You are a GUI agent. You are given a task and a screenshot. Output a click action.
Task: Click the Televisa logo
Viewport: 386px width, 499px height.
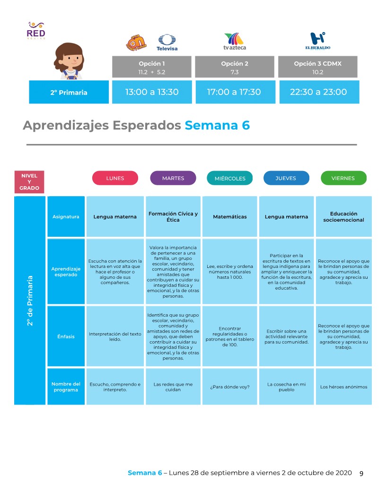pos(167,42)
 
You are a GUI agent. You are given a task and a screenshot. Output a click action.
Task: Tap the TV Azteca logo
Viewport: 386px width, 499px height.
pos(234,41)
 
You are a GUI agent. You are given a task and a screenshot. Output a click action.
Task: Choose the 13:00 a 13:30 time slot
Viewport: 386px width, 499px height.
pos(152,92)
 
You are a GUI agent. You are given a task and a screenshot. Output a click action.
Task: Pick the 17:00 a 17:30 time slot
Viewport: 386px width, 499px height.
pos(234,92)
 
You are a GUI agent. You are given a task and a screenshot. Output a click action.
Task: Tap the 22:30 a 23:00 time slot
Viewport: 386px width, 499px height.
pos(318,92)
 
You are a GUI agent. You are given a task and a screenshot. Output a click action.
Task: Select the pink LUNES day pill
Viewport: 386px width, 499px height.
pos(115,178)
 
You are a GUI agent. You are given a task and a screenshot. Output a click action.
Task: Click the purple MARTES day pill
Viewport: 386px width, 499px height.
pos(173,178)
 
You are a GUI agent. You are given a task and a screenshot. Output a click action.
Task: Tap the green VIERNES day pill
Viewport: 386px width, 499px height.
pos(343,178)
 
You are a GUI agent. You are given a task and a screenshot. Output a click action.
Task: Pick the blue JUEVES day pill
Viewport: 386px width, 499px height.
pos(286,178)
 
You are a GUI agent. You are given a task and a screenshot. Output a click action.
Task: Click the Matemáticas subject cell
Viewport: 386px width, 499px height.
pos(229,217)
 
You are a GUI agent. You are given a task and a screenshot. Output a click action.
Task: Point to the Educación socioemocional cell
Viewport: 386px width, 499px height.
pos(343,216)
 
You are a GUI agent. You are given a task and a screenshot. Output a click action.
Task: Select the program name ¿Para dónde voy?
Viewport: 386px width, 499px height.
pos(229,387)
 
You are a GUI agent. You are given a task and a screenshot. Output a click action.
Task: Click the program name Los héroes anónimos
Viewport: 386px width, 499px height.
pos(343,387)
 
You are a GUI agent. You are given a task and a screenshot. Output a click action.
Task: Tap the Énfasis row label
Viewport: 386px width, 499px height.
pos(66,336)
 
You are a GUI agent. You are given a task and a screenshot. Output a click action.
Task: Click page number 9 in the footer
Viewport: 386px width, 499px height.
pos(361,473)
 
